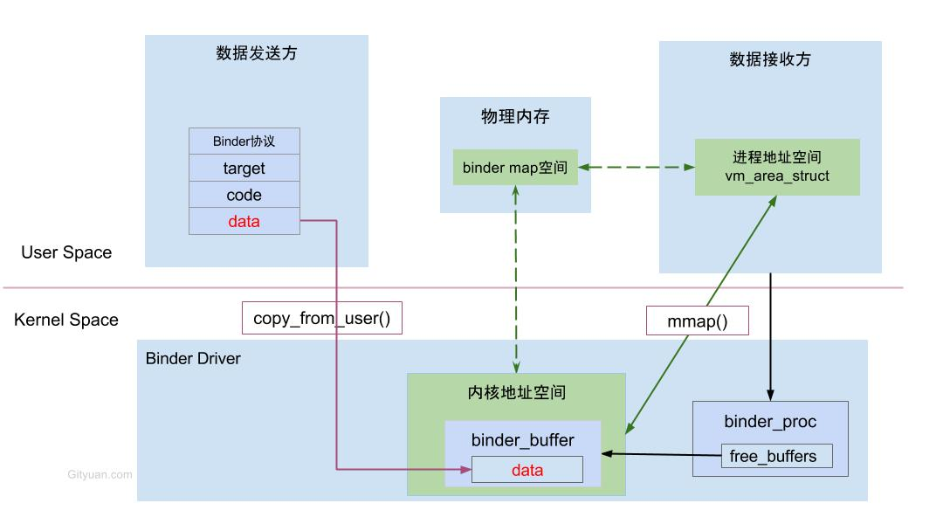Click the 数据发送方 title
(256, 53)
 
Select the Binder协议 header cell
(244, 141)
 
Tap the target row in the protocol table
(244, 168)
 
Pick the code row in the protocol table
(244, 195)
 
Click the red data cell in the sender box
(244, 222)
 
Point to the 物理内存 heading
(515, 116)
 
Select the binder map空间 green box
(515, 168)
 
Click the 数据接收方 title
(769, 59)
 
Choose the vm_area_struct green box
(777, 167)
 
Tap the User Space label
(66, 252)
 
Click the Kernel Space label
(66, 320)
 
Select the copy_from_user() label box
(321, 318)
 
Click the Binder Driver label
(193, 358)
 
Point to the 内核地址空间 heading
(517, 393)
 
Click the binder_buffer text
(522, 440)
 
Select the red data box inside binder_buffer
(527, 470)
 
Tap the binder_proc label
(770, 422)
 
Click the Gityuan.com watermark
(100, 475)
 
